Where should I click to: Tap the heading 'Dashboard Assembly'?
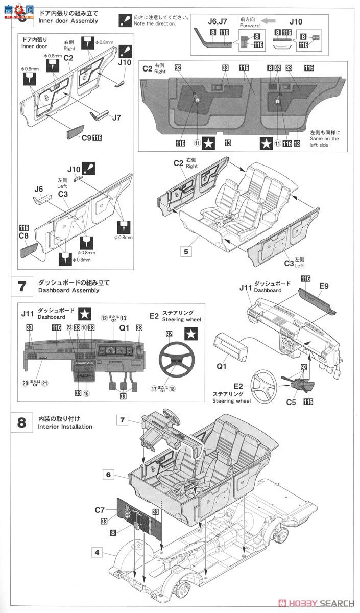[68, 290]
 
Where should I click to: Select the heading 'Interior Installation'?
[65, 427]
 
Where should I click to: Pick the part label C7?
[100, 509]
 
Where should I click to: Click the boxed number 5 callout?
[186, 251]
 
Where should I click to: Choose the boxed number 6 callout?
[108, 474]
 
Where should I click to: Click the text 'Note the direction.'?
[154, 24]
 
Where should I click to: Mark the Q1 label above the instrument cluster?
[125, 328]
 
